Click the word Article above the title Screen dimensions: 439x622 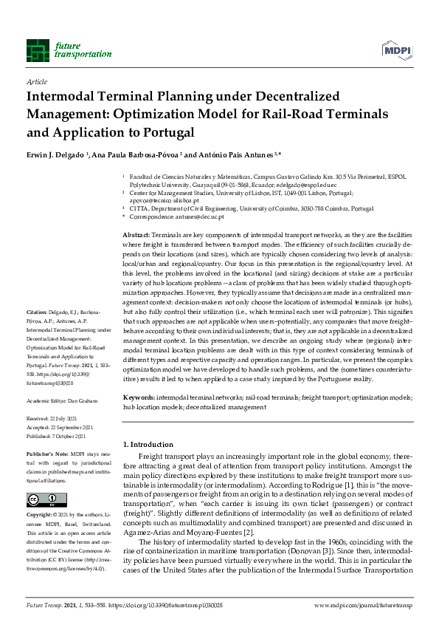click(x=36, y=82)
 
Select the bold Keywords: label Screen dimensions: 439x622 click(x=139, y=397)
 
